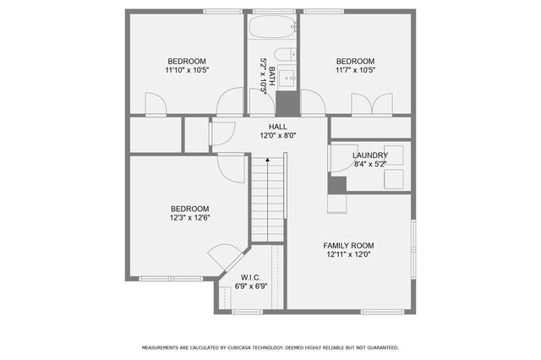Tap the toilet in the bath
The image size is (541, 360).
coord(286,55)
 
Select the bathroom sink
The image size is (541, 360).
coord(287,79)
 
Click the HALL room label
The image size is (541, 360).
coord(266,126)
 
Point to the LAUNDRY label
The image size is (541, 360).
coord(370,155)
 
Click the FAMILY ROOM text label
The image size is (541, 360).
coord(348,245)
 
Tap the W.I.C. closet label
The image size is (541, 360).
coord(250,277)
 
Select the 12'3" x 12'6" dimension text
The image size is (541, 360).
coord(190,218)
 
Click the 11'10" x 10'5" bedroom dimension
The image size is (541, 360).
coord(187,70)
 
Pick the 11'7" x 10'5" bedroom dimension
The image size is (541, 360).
coord(355,70)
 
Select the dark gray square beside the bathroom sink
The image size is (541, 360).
coord(287,102)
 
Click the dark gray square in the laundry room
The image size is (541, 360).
coord(337,185)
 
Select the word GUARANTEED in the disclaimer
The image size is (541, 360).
coord(379,347)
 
